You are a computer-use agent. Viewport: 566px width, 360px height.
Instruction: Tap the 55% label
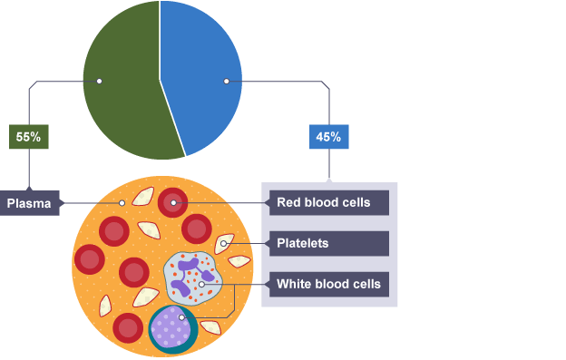(28, 138)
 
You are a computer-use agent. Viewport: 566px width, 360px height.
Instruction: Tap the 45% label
(328, 138)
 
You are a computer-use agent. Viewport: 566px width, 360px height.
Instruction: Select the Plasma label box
(30, 203)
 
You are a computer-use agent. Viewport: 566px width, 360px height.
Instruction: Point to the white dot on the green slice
(99, 82)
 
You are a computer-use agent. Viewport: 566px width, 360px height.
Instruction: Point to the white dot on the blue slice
(226, 82)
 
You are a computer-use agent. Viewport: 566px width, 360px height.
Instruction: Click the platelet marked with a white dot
(224, 243)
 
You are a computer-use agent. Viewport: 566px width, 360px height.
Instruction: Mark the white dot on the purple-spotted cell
(182, 317)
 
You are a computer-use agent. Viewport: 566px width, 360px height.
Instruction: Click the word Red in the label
(289, 202)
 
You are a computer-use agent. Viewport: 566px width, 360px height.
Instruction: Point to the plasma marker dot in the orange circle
(122, 203)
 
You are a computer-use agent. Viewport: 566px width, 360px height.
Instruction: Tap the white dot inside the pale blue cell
(201, 285)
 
